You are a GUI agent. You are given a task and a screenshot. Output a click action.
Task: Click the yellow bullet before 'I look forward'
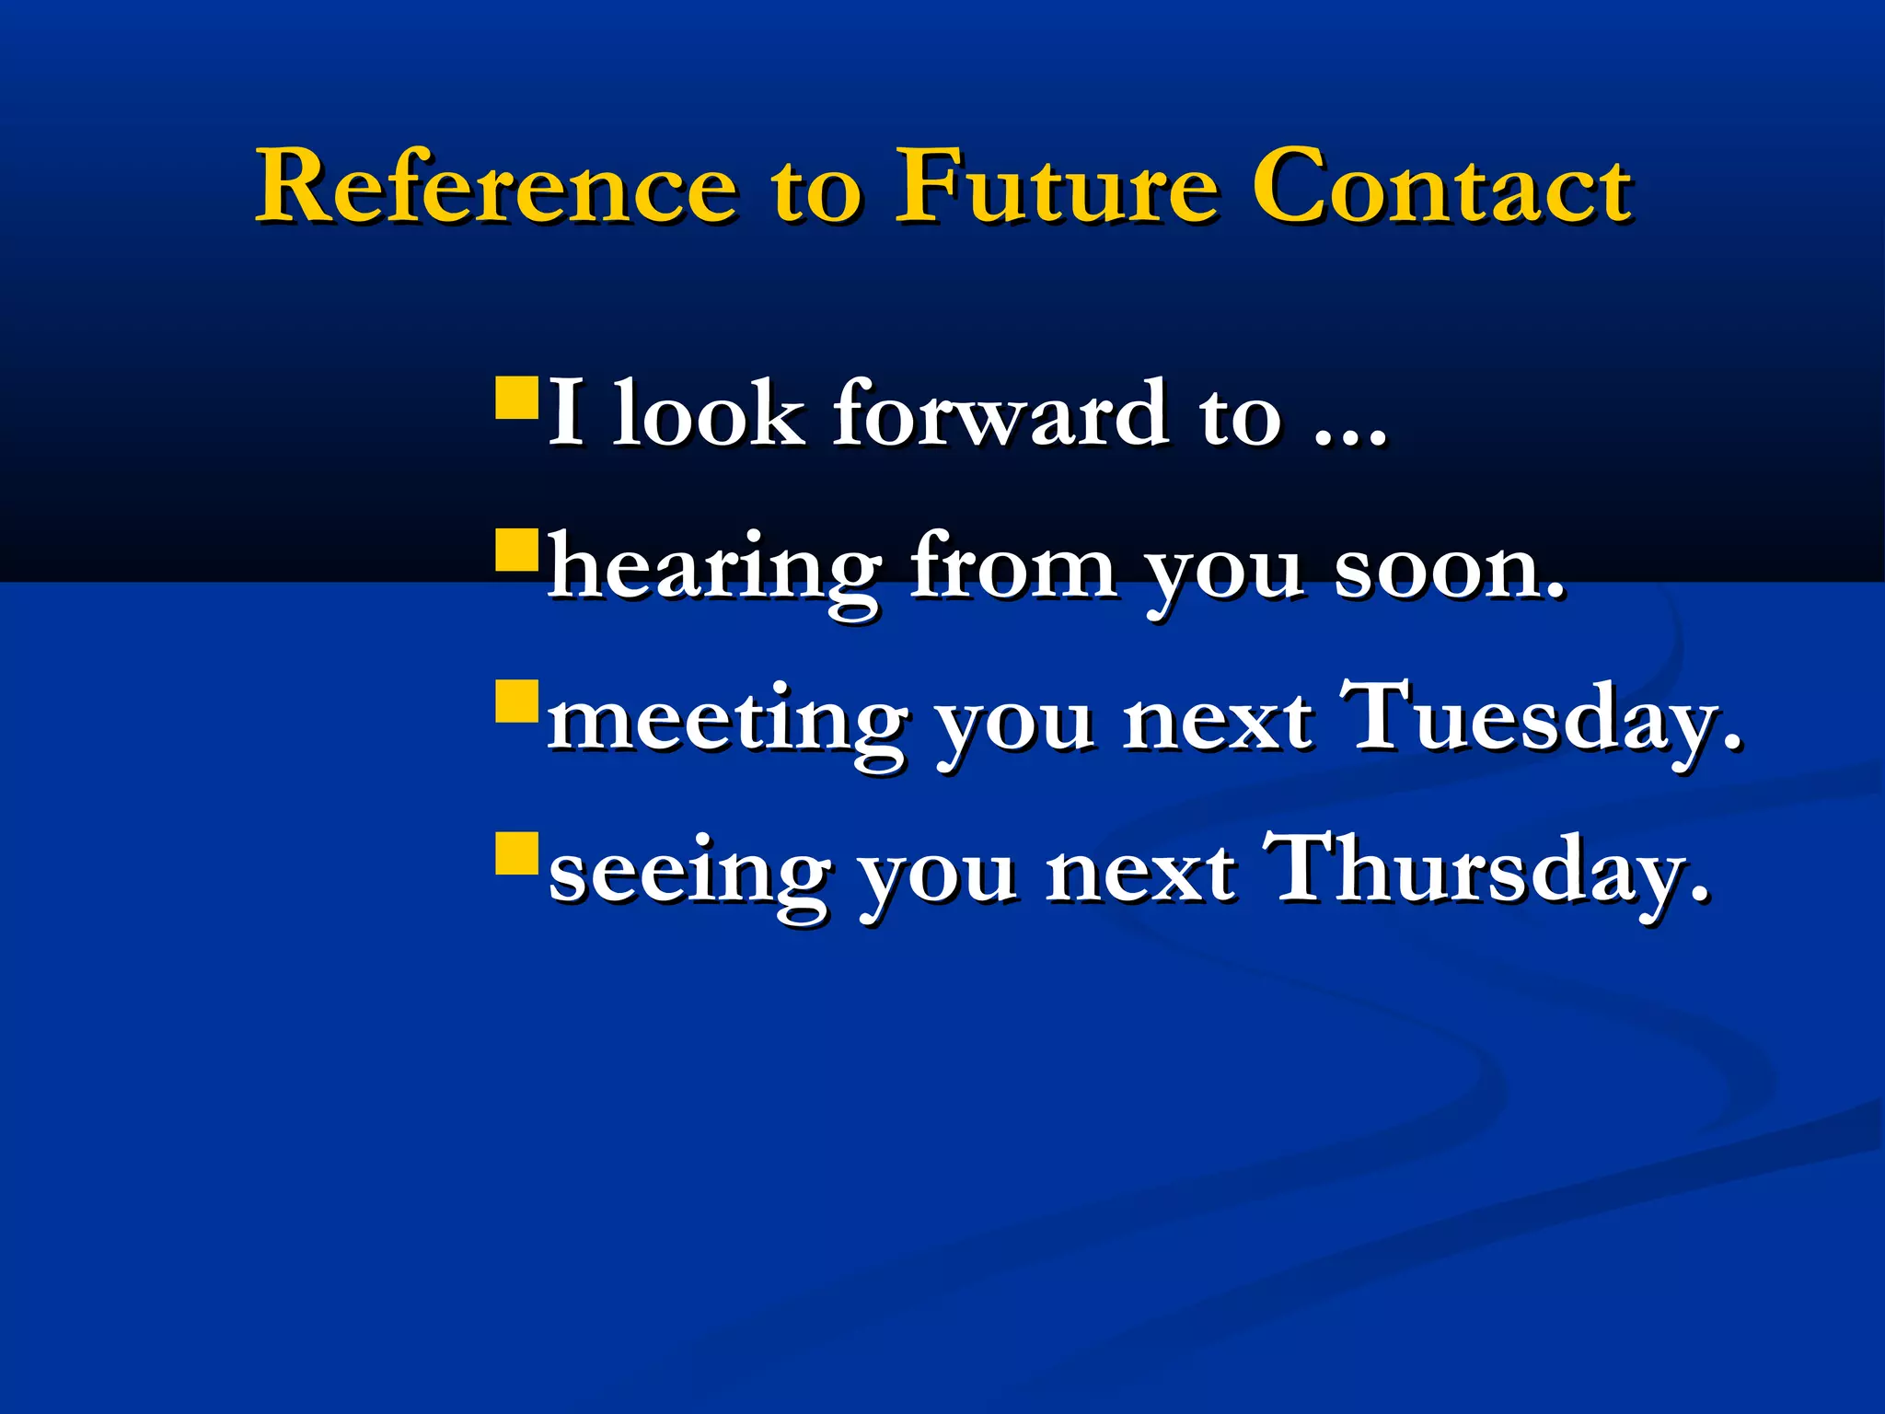pos(515,398)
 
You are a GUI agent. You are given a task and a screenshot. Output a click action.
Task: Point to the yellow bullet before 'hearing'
pos(515,551)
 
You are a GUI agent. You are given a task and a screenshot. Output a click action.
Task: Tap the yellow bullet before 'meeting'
pos(515,703)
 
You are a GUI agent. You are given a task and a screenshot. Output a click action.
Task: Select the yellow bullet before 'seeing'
pos(515,854)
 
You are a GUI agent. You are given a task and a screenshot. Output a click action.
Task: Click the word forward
pos(1000,413)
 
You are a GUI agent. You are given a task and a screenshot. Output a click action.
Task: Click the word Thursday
pos(1486,871)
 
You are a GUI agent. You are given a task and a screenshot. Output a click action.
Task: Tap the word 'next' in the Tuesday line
pos(1217,723)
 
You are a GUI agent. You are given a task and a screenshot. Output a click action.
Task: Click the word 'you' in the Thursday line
pos(937,879)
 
